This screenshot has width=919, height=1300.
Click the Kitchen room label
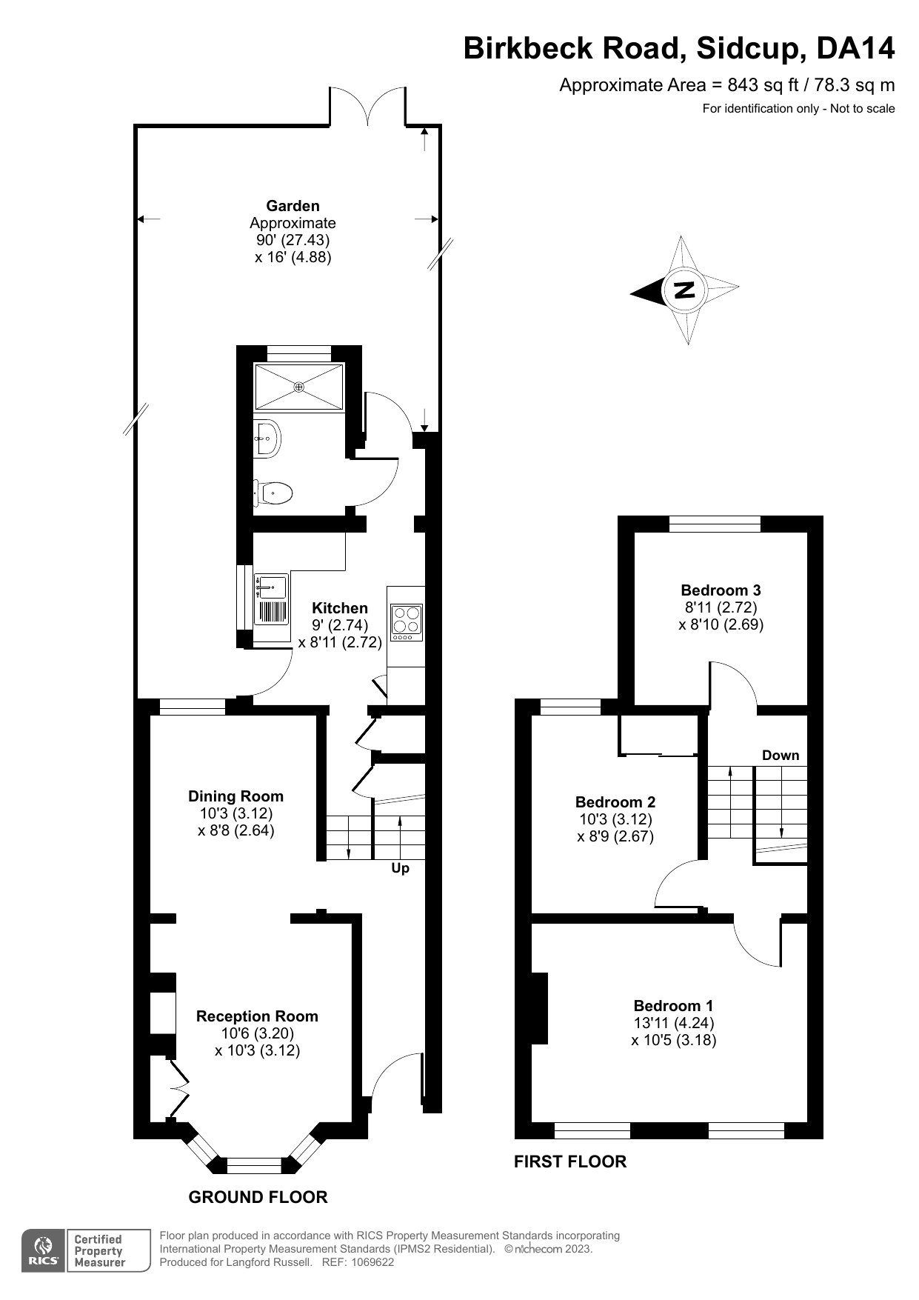(x=340, y=608)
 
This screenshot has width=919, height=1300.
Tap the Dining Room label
(x=235, y=796)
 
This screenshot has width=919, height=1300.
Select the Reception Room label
(x=257, y=1016)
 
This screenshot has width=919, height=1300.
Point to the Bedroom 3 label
(x=721, y=590)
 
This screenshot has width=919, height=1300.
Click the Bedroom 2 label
(x=615, y=802)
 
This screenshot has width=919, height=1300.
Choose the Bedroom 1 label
(x=673, y=1006)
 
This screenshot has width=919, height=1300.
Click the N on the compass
(x=685, y=290)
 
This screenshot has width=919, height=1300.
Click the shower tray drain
(x=299, y=387)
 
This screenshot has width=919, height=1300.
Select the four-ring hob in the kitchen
(x=407, y=623)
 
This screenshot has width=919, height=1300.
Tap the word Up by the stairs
(x=400, y=867)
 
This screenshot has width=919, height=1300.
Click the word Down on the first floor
(x=781, y=756)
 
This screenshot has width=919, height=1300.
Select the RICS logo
(x=43, y=1251)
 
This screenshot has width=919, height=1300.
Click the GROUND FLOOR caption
(x=258, y=1197)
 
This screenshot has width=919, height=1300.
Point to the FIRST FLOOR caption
(x=570, y=1161)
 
